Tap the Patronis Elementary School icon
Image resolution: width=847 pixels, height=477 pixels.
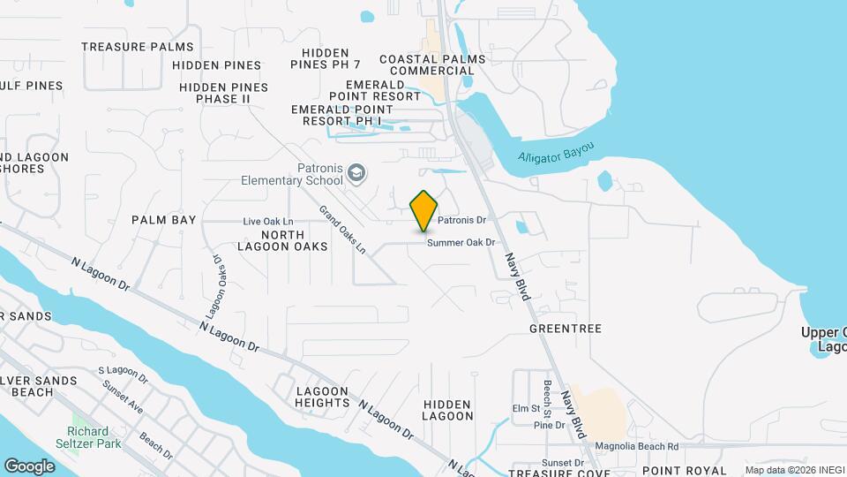point(356,171)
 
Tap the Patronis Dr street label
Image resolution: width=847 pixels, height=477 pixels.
point(462,219)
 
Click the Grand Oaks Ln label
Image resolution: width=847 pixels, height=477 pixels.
point(342,230)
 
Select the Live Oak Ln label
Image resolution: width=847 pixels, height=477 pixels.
point(268,221)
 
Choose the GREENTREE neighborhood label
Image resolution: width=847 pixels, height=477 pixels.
point(566,329)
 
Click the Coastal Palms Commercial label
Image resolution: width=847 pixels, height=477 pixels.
point(432,64)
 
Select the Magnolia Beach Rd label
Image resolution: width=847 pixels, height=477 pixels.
point(636,447)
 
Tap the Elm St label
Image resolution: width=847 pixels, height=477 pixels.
point(525,409)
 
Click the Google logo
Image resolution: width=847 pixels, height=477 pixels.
point(29,466)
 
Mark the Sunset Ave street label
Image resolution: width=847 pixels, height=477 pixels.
point(123,397)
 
